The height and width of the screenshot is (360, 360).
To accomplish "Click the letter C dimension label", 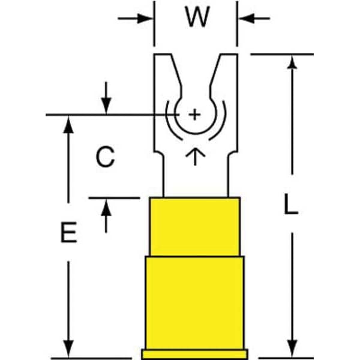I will pyautogui.click(x=105, y=158).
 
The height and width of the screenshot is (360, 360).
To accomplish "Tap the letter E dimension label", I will pyautogui.click(x=69, y=232).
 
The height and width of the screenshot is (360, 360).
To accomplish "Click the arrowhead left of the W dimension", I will pyautogui.click(x=148, y=19).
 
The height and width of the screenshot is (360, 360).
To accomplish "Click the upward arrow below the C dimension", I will pyautogui.click(x=107, y=206).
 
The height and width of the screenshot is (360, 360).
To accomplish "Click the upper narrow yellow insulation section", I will pyautogui.click(x=194, y=227).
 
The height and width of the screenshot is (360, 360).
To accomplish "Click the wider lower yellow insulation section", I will pyautogui.click(x=194, y=300).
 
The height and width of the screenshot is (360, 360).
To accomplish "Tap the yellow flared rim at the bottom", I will pyautogui.click(x=194, y=353).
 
